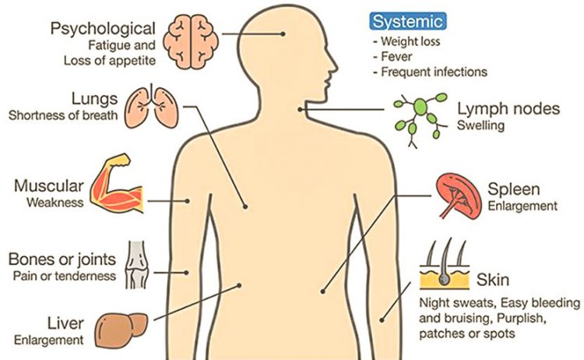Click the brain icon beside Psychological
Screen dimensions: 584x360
[192, 42]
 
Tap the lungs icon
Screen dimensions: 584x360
[151, 107]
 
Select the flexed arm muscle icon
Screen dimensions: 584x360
[117, 183]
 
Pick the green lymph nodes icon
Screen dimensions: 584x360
[420, 120]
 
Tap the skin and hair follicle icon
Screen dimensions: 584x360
[445, 264]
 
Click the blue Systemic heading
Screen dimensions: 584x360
[408, 21]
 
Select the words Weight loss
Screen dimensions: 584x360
[410, 41]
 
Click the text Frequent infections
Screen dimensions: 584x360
[434, 72]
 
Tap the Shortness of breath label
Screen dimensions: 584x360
[63, 115]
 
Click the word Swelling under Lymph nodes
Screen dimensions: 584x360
[480, 125]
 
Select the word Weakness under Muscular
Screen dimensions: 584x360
[55, 203]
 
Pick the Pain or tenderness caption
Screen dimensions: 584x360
[65, 276]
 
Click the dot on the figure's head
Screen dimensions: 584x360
[283, 34]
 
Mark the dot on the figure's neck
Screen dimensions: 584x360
[301, 110]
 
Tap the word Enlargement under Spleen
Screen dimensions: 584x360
[522, 206]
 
